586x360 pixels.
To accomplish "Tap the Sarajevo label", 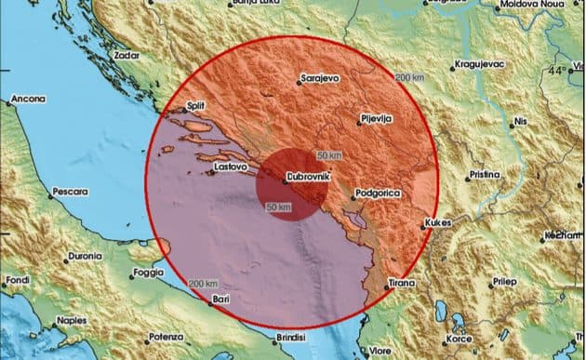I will coord(318,80).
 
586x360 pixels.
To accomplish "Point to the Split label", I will coord(195,106).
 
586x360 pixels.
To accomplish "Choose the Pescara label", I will coord(70,191).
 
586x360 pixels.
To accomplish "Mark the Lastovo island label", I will coord(231,167).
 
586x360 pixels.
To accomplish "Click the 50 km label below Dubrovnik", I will coord(279,207).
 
